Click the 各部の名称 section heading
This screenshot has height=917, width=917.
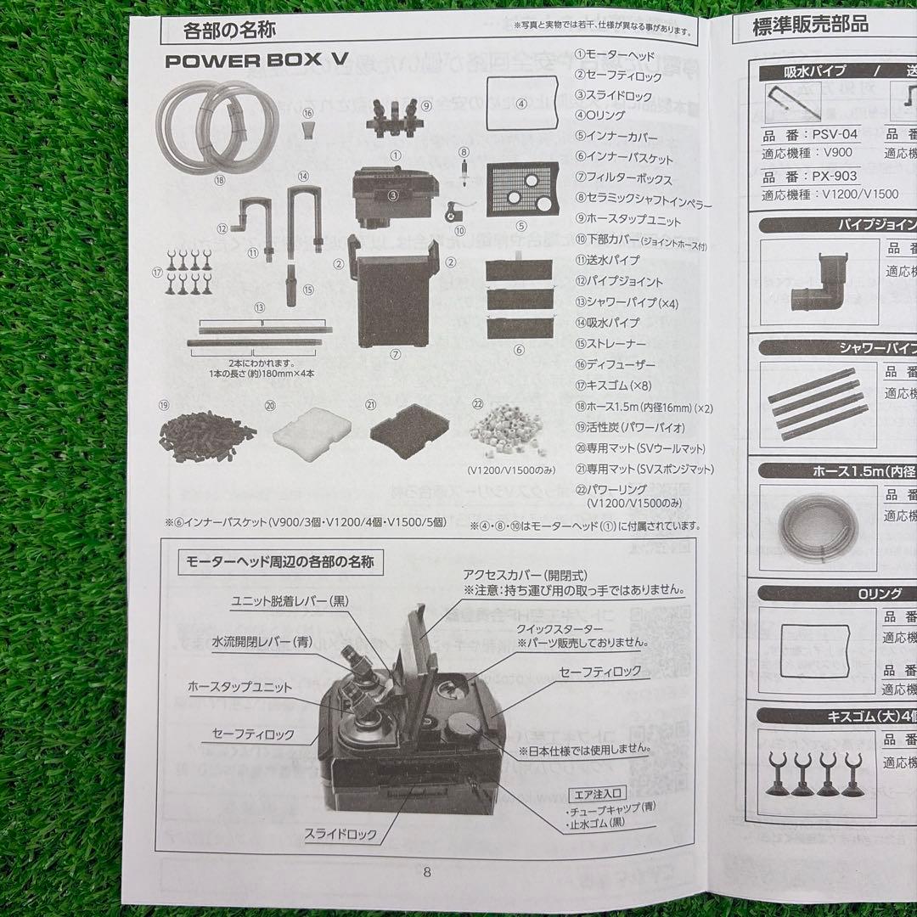(x=228, y=31)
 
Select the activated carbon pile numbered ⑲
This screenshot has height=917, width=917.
(x=206, y=434)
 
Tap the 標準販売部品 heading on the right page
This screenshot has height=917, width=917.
(x=811, y=26)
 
